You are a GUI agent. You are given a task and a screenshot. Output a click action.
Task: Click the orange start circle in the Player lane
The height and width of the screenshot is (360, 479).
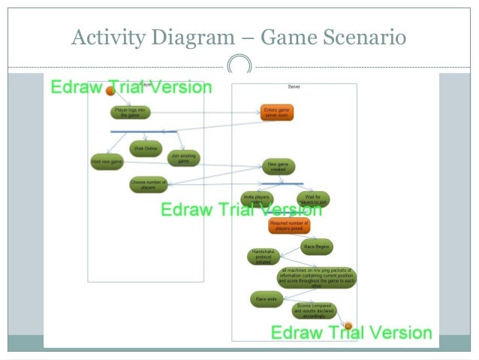tap(110, 92)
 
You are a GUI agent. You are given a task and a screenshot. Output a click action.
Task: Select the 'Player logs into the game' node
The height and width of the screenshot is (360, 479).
tap(131, 113)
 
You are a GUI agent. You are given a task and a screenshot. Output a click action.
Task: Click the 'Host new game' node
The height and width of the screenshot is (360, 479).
tap(106, 162)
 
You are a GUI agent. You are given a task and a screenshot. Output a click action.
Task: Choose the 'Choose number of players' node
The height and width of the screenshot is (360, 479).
tap(147, 184)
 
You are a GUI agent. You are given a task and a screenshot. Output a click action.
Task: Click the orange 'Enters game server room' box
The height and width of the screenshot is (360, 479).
tap(277, 113)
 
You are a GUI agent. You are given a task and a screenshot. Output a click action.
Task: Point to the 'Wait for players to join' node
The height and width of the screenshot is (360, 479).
tap(312, 199)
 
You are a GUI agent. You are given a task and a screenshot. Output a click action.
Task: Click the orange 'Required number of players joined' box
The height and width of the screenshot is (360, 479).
tap(289, 226)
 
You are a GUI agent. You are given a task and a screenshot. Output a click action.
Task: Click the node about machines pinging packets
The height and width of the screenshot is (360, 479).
tap(317, 277)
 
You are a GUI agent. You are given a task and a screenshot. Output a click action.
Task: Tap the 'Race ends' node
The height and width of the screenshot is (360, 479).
tap(266, 299)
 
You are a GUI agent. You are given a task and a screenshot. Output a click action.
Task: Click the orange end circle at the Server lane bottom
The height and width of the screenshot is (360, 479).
tap(348, 325)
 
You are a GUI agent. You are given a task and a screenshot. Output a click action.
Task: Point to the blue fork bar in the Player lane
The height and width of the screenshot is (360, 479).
tap(143, 132)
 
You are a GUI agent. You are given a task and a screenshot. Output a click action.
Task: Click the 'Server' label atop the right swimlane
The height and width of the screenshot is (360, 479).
tap(294, 86)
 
